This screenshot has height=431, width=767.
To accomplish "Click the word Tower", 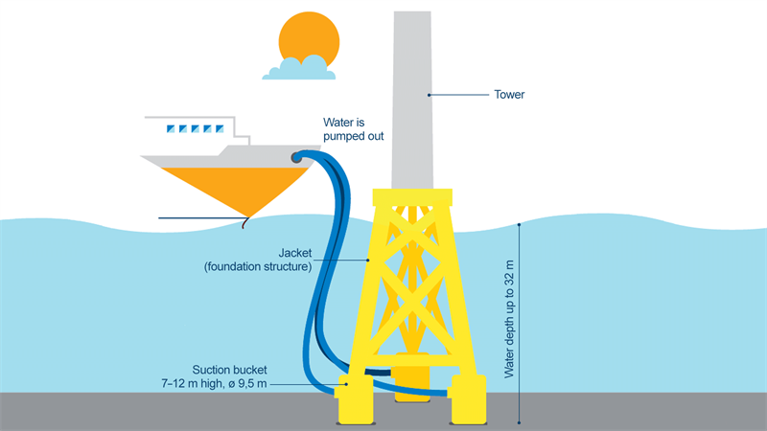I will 509,95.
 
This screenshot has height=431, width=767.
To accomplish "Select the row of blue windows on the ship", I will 189,128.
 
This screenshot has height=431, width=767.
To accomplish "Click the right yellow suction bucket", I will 470,400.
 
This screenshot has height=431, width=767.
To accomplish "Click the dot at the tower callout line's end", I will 429,94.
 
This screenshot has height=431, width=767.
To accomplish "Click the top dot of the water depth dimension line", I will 520,224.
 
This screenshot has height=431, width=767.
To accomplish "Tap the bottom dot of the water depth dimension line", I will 520,422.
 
